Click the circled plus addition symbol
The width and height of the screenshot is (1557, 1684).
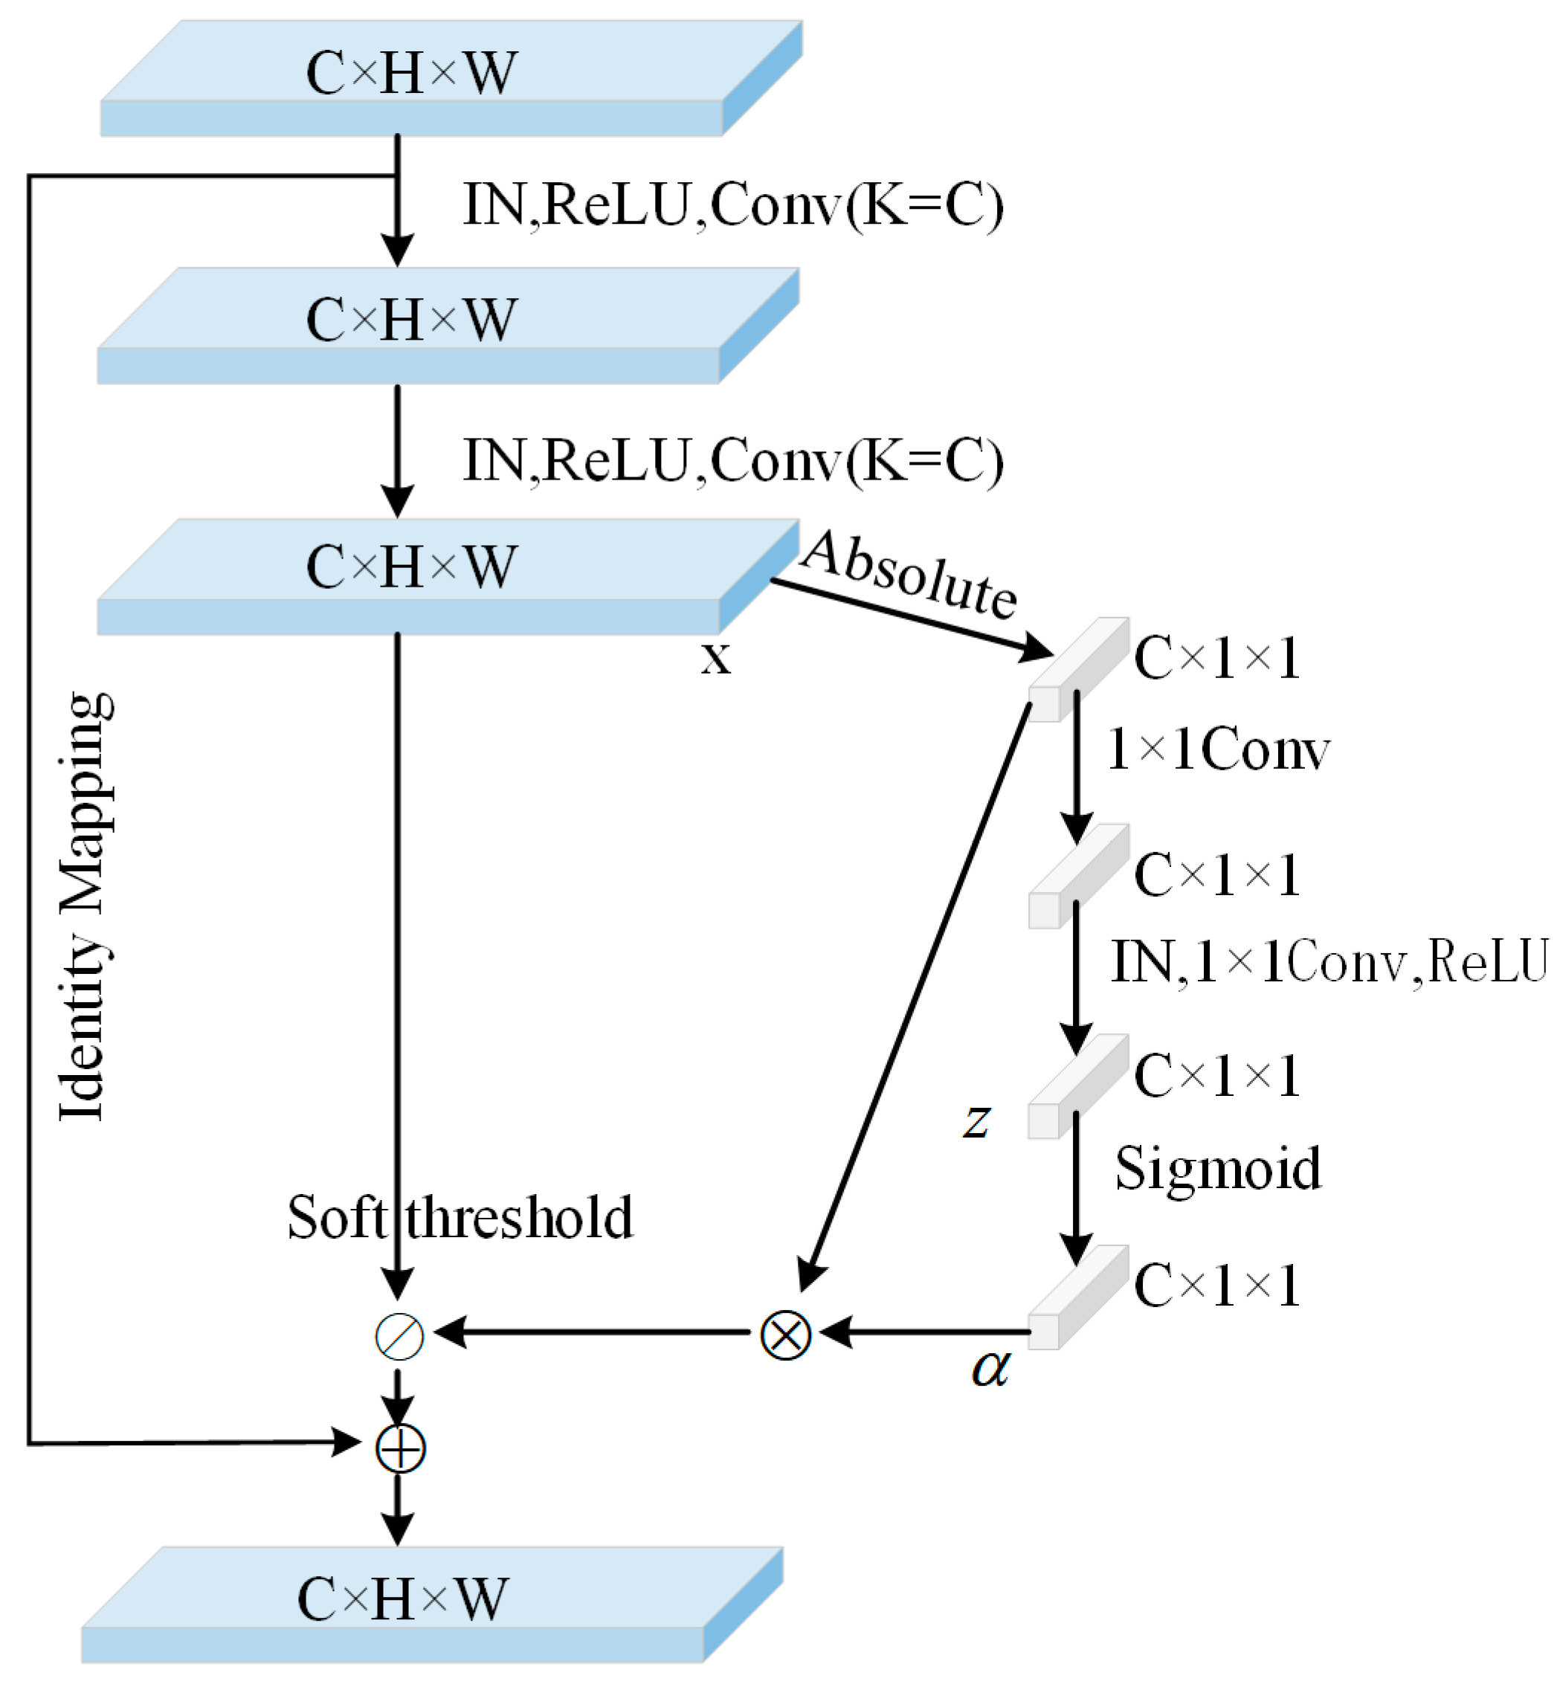coord(400,1448)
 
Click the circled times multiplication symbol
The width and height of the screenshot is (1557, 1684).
coord(785,1335)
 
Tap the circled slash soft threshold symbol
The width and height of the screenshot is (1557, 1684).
coord(399,1336)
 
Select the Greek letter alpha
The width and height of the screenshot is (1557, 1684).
coord(990,1368)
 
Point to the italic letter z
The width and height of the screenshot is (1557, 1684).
coord(976,1121)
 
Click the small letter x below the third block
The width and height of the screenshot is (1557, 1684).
coord(715,658)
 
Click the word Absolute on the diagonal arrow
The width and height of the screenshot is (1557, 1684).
coord(910,575)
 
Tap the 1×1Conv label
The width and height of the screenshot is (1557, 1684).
coord(1218,749)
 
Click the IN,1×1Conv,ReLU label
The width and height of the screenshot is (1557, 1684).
coord(1329,961)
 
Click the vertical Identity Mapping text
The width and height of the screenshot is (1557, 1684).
coord(84,906)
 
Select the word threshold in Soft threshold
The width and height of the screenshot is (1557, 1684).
coord(519,1218)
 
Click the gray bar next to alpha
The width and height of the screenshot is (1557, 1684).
coord(1077,1298)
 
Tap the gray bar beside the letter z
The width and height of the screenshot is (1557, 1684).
coord(1077,1088)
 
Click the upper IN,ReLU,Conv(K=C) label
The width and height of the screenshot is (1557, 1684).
coord(733,204)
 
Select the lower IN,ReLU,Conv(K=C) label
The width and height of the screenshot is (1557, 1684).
coord(733,461)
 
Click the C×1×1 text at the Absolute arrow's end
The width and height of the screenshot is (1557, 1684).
coord(1216,658)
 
